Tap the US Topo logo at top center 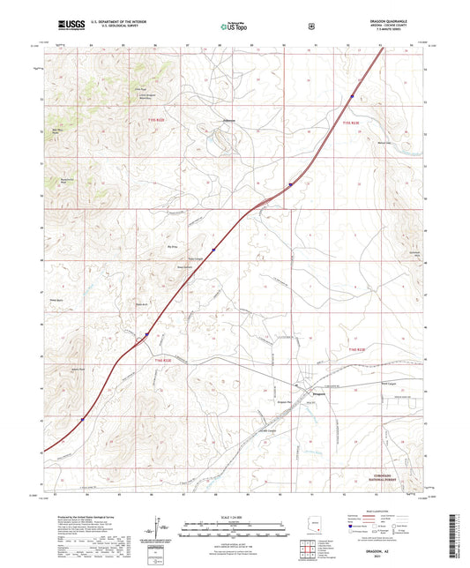pos(233,27)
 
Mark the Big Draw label pos(173,248)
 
